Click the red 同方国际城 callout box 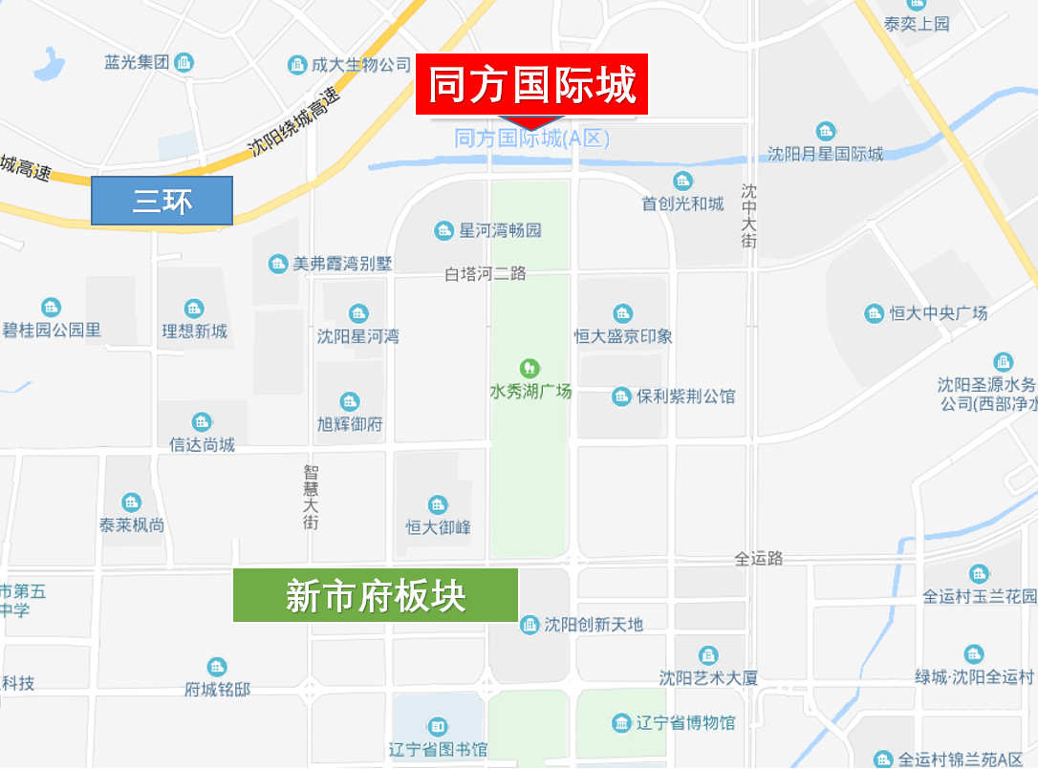(531, 85)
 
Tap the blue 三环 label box (162, 201)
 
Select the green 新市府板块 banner (376, 595)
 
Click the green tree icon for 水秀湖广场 (528, 368)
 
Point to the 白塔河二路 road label (486, 274)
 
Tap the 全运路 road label (759, 558)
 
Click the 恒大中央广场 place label (938, 313)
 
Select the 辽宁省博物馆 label (685, 722)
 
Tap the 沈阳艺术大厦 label (708, 677)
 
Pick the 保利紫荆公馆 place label (685, 395)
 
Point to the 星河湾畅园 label (500, 230)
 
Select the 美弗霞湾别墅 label (341, 264)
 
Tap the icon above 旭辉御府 (350, 402)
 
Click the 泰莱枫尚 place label (132, 525)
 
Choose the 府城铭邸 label (217, 689)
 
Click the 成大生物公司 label (360, 65)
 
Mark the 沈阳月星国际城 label (826, 154)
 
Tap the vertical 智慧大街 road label (311, 497)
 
